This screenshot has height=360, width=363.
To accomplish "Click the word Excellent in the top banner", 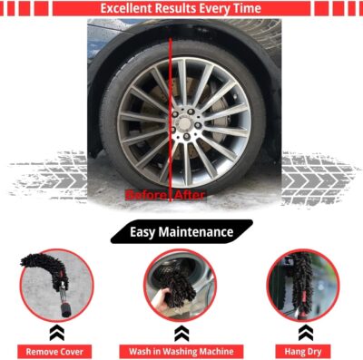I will (x=126, y=9).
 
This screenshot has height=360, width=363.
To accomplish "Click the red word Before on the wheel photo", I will (x=146, y=195).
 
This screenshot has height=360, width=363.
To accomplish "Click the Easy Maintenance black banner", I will (x=181, y=232).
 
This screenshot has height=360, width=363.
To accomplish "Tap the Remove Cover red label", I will (x=55, y=351).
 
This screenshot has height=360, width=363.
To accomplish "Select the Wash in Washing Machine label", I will (x=181, y=351).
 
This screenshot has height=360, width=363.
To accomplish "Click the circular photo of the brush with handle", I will (x=55, y=285).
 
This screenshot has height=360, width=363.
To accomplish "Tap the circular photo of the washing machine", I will (x=181, y=285).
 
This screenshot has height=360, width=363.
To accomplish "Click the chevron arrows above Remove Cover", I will (x=55, y=331).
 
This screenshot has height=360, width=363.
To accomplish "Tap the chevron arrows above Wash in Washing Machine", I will (x=181, y=331).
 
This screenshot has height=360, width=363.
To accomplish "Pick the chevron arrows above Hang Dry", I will (x=304, y=331).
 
